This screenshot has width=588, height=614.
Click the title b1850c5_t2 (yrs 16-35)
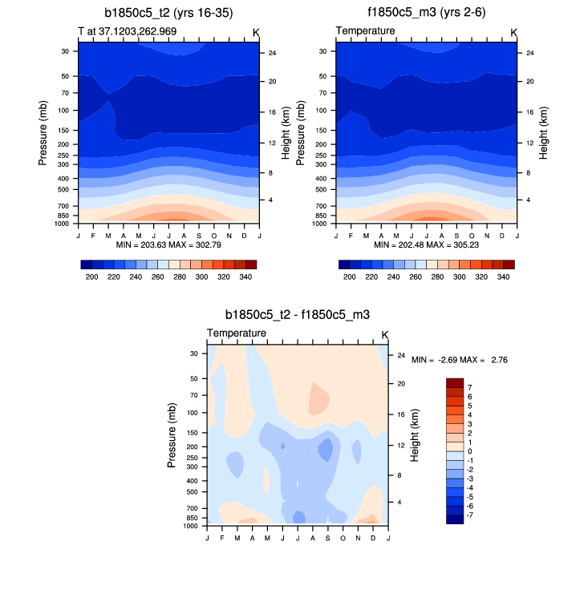coord(168,14)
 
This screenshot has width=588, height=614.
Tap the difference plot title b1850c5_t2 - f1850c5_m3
coord(297,315)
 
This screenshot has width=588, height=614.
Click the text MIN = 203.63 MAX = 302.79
coord(168,244)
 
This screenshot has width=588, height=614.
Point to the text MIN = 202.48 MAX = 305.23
coord(426,244)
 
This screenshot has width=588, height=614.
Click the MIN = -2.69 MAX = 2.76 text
coord(460,361)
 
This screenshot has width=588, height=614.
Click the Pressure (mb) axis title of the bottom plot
coord(172,436)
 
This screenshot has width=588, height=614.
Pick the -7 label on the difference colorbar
coord(471,515)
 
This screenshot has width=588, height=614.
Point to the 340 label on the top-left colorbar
coord(246,276)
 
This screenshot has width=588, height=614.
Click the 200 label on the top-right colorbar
coord(349,276)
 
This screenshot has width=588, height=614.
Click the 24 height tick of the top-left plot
coord(272,53)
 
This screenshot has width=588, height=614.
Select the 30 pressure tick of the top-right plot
coord(323,50)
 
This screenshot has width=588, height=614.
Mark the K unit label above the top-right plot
coord(513,32)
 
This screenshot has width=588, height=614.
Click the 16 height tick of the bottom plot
coord(400,414)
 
